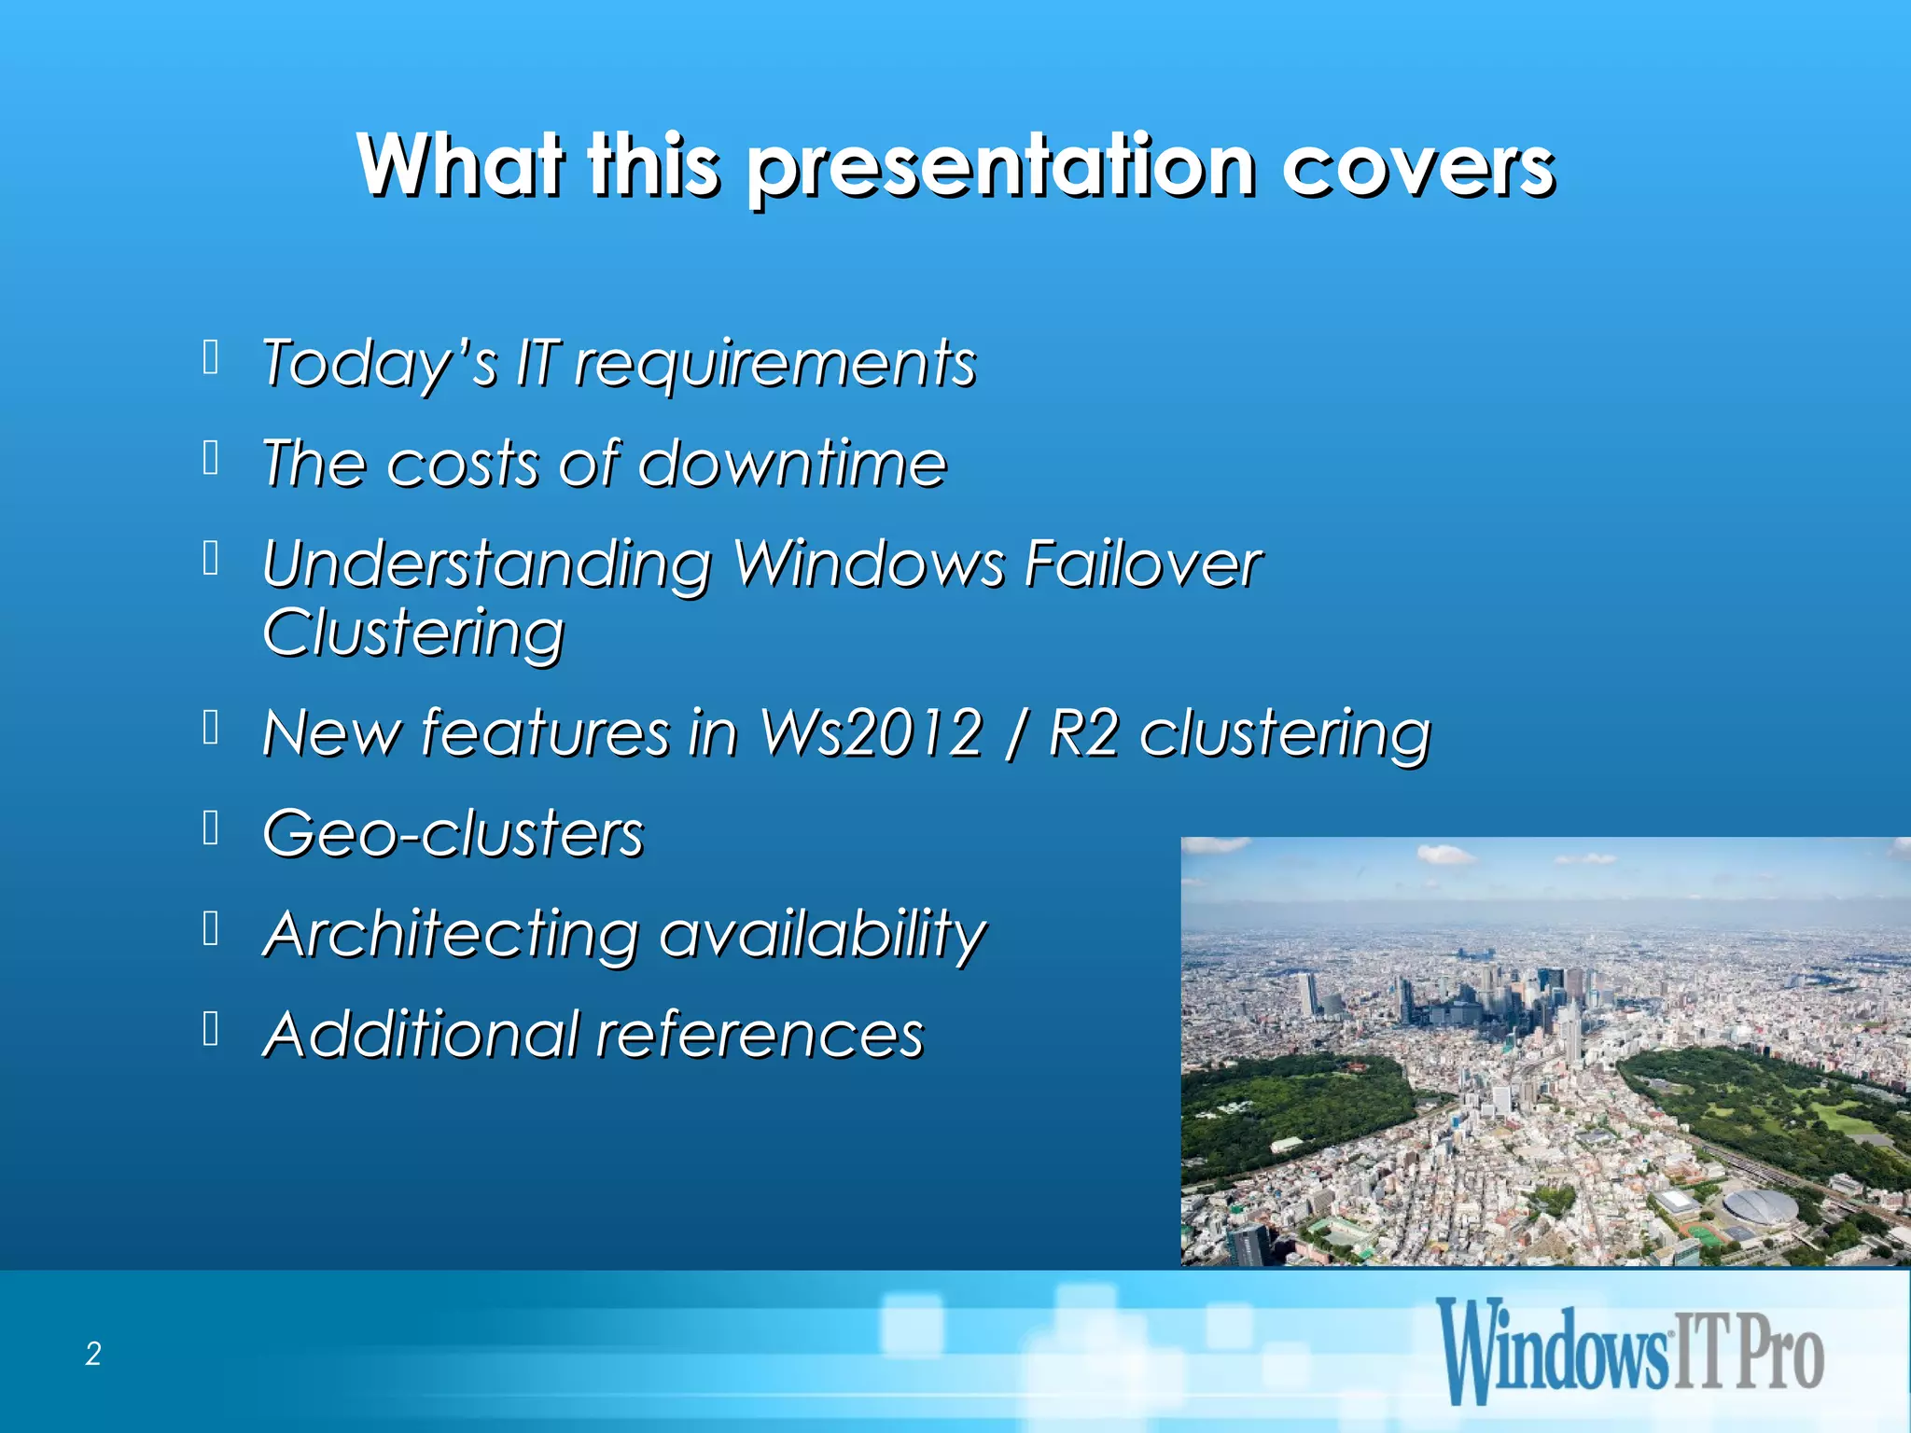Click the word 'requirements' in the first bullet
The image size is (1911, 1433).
coord(775,363)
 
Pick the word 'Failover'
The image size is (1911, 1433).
coord(1142,563)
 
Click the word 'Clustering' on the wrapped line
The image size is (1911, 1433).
coord(413,633)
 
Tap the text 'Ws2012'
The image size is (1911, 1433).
coord(870,732)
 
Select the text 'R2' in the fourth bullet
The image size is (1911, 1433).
coord(1082,732)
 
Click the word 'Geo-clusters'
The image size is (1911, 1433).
coord(453,833)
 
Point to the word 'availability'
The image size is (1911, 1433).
coord(822,934)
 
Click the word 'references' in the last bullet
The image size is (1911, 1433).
coord(760,1035)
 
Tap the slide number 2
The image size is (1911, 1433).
coord(93,1354)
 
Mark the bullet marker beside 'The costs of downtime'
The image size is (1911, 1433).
coord(211,458)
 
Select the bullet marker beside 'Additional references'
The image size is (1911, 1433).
coord(211,1029)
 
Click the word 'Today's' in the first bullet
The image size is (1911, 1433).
coord(379,363)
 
